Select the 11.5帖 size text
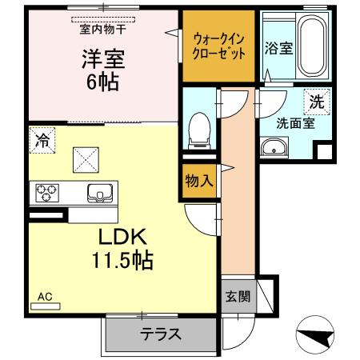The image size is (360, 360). coord(120,260)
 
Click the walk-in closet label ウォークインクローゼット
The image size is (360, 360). coord(218,47)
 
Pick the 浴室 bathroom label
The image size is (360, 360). coord(278,47)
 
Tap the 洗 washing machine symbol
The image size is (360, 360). coord(317,102)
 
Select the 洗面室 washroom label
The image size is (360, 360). coord(296,124)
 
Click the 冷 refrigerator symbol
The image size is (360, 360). coord(41,141)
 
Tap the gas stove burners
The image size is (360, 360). coord(46,193)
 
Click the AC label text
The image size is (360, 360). coord(45,297)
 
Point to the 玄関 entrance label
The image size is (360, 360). coord(238,297)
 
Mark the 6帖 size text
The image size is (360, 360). coord(102,82)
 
